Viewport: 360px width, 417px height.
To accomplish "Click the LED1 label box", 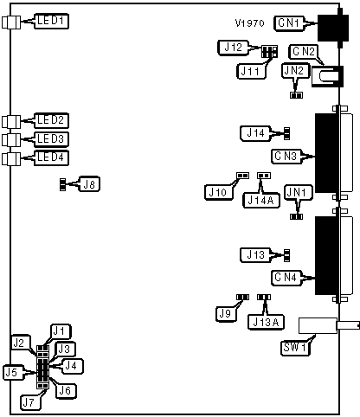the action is pos(51,21).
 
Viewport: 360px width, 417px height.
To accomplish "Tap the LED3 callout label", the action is pos(51,139).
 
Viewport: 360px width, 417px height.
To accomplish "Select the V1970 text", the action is pos(250,23).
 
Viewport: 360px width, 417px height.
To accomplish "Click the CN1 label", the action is pos(289,23).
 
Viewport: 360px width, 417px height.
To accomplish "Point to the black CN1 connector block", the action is pos(333,29).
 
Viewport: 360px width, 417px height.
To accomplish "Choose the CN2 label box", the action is pos(303,52).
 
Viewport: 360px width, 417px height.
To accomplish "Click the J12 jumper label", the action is pos(234,48).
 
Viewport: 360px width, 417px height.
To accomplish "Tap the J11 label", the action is pos(251,71).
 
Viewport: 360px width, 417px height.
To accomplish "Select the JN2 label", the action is pos(295,71).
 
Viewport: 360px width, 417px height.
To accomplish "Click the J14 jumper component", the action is pos(286,133).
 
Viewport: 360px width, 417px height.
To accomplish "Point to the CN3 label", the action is pos(286,157).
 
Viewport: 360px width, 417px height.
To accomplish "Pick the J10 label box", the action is pos(219,192).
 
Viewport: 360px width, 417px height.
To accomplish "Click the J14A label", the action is pos(261,200).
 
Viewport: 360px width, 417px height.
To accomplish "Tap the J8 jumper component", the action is pos(62,184).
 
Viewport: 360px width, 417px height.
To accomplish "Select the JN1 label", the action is pos(299,192).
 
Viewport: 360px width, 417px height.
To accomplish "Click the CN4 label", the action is pos(286,278).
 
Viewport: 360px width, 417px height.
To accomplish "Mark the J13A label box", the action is pos(266,322).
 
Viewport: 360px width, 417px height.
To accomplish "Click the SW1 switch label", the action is pos(295,348).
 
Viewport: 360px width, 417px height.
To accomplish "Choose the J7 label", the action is pos(30,402).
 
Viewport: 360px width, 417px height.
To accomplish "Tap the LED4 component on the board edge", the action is pos(11,159).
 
